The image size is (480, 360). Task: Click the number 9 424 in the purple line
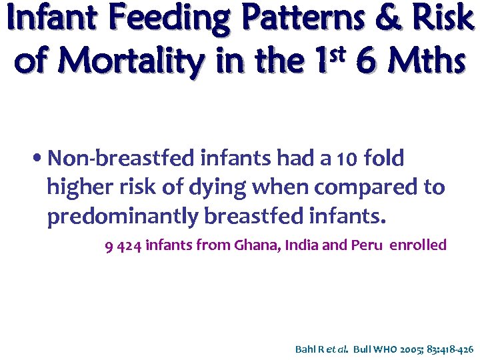click(123, 246)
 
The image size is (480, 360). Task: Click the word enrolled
click(418, 245)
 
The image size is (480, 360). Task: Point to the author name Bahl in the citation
click(305, 349)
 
